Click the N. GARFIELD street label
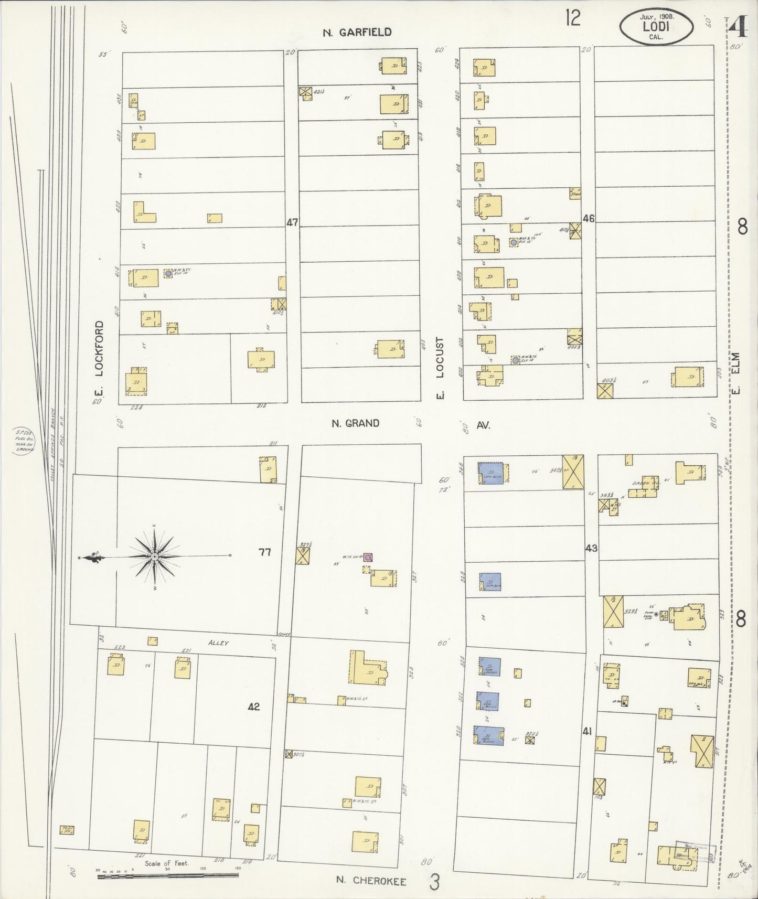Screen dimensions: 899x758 pos(357,32)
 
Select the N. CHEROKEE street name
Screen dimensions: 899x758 pos(371,881)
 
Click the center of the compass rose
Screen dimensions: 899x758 pos(155,556)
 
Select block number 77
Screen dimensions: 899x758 pos(265,552)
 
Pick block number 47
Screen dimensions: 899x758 pos(292,222)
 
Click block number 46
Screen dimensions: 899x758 pos(588,219)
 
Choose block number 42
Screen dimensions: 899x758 pos(254,707)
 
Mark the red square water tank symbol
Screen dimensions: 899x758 pos(368,557)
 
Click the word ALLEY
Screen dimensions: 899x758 pos(219,643)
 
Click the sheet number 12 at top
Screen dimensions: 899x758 pos(573,19)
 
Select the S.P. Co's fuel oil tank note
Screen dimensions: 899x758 pos(25,441)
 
